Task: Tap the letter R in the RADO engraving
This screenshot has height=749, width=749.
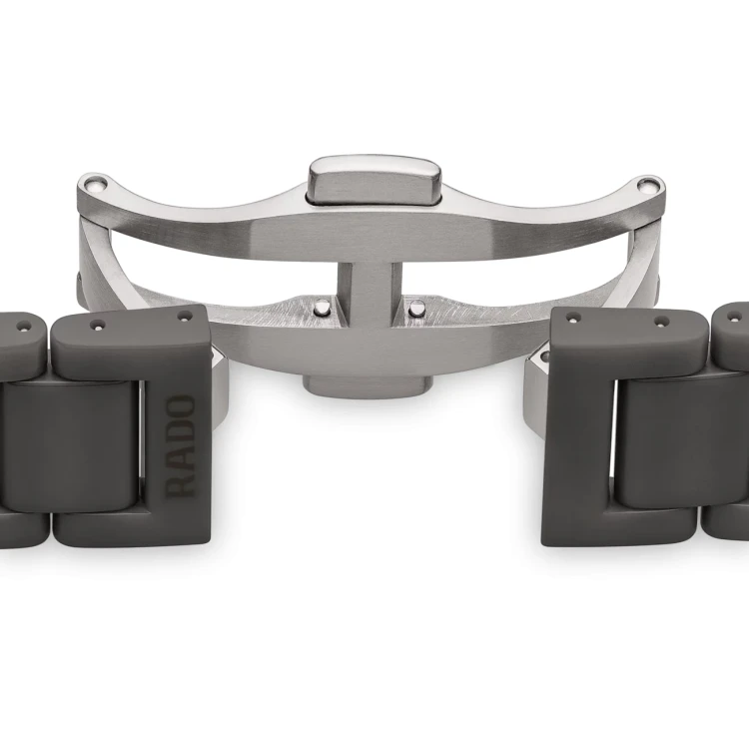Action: tap(180, 486)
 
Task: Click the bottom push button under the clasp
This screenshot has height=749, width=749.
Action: tap(368, 385)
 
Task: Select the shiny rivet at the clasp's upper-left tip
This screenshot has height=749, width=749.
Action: tap(94, 184)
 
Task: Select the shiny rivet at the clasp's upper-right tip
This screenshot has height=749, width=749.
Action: tap(648, 186)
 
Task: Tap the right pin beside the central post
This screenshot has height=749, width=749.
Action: tap(416, 308)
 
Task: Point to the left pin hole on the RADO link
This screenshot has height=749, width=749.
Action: tap(98, 325)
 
